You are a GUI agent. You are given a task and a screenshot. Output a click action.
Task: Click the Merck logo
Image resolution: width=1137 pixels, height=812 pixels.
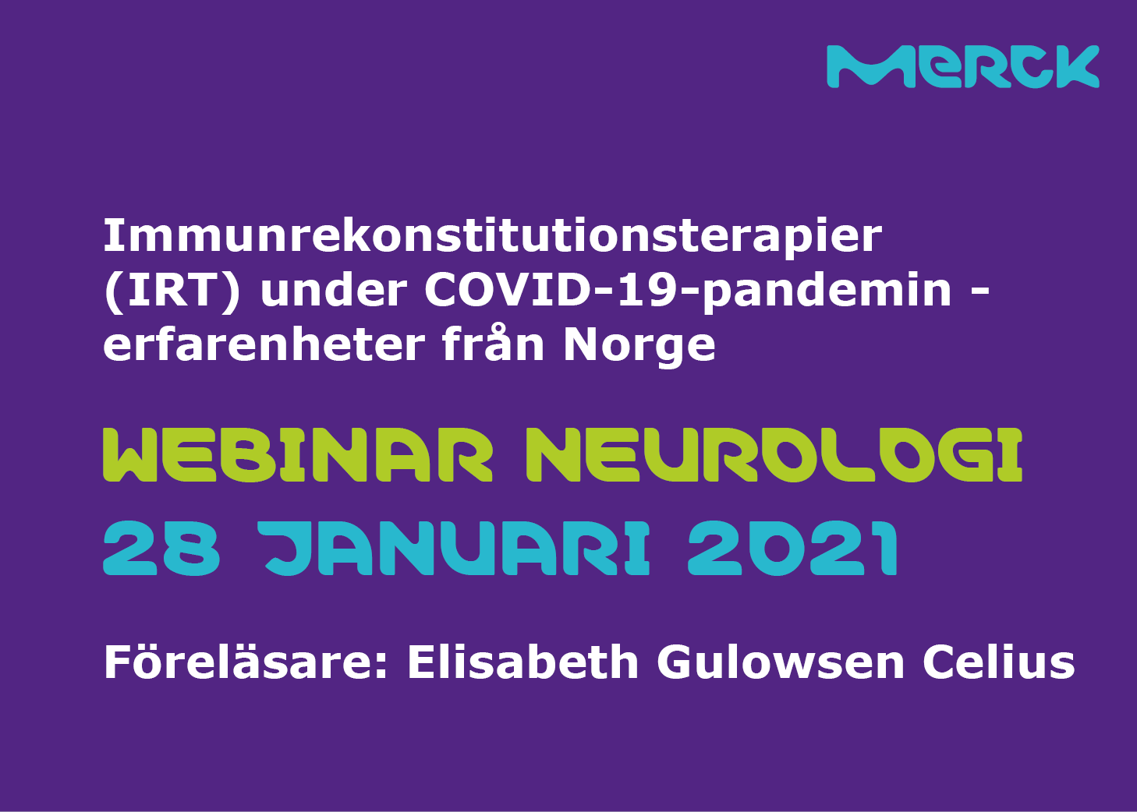coord(962,66)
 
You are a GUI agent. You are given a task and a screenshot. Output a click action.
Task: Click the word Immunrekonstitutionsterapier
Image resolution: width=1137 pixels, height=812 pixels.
coord(492,236)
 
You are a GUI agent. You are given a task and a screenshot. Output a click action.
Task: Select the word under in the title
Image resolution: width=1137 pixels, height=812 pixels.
coord(333,291)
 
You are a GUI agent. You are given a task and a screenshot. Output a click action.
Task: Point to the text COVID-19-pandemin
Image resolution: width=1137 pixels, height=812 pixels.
coord(688,291)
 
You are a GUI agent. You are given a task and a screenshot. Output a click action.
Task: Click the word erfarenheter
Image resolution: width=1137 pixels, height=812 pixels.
coord(264,344)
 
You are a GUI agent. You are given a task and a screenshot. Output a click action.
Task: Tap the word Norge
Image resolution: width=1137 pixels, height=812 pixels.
coord(639,345)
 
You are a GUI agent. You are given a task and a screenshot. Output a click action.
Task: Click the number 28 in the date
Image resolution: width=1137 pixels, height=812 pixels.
coord(161,549)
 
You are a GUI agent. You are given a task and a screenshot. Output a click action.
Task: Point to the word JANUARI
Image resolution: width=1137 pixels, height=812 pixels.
coord(455,549)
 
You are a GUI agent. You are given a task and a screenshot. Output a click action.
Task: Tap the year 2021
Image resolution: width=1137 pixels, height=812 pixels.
coord(792,549)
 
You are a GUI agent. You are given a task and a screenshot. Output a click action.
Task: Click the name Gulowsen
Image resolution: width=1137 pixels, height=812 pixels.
coord(781,662)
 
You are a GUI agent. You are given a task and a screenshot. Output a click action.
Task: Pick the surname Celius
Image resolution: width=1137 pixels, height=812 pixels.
coord(999,662)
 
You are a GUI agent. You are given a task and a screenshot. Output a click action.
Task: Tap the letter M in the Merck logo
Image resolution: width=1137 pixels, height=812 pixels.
coord(868,67)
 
